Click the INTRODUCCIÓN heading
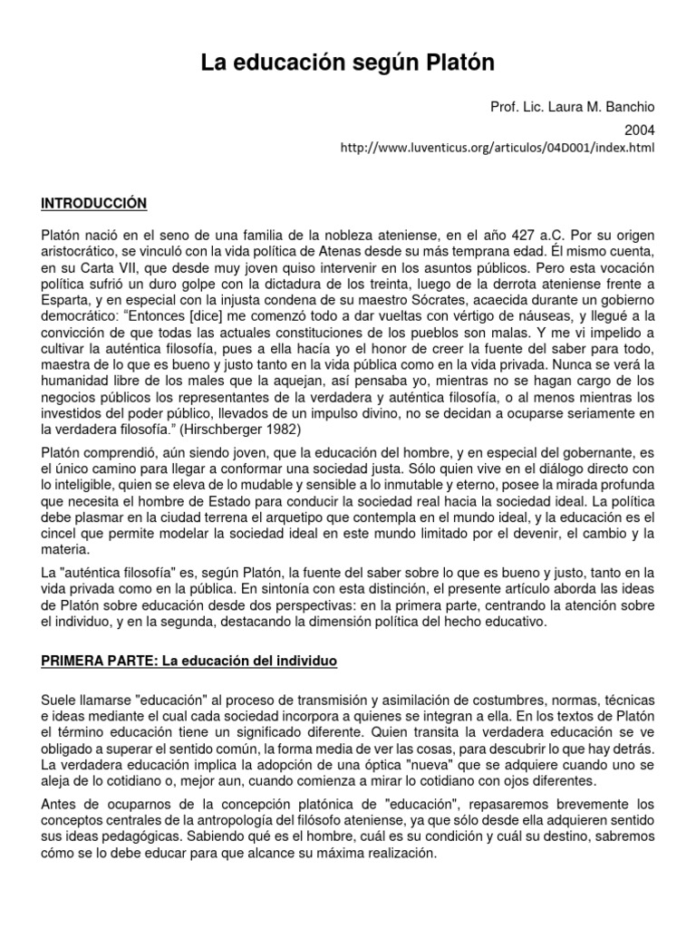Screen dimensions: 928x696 (x=94, y=201)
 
